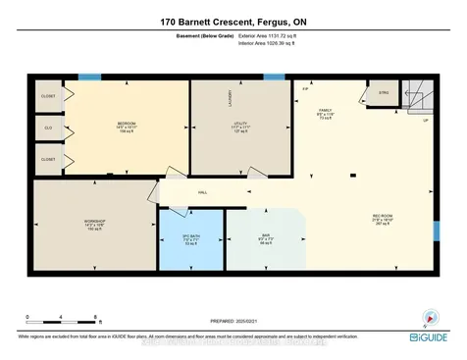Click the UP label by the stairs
tap(425, 121)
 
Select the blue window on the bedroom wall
tap(89, 77)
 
